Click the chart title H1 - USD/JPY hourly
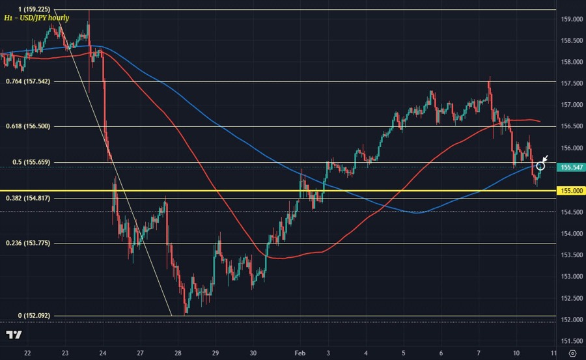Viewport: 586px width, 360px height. [x=36, y=19]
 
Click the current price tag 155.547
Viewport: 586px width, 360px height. [x=571, y=167]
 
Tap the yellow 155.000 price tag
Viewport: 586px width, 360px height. [x=571, y=191]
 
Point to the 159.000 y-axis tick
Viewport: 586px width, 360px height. [x=571, y=20]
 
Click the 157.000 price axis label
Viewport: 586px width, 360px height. [x=571, y=105]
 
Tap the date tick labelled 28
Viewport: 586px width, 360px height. [x=177, y=352]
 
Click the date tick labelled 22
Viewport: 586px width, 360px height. [x=27, y=352]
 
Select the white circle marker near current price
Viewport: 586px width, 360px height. [x=540, y=167]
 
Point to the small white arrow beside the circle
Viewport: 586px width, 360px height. [x=546, y=159]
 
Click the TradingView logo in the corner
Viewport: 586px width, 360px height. [x=14, y=335]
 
